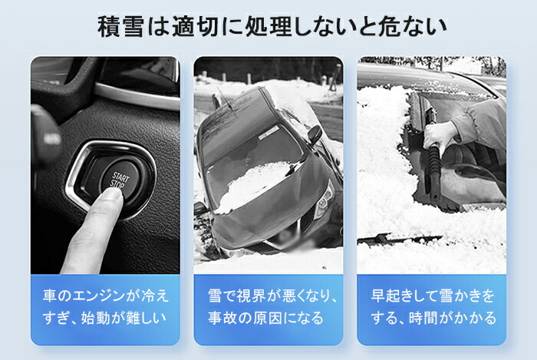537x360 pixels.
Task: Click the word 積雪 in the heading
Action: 120,27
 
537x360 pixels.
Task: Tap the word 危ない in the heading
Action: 413,27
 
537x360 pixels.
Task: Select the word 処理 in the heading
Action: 269,27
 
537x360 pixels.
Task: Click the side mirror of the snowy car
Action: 315,134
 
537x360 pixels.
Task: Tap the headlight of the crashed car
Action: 325,200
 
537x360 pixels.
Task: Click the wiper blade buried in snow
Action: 399,239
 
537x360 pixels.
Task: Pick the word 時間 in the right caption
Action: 423,319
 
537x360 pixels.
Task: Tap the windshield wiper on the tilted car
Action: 227,102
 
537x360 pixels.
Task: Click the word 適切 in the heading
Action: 195,27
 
